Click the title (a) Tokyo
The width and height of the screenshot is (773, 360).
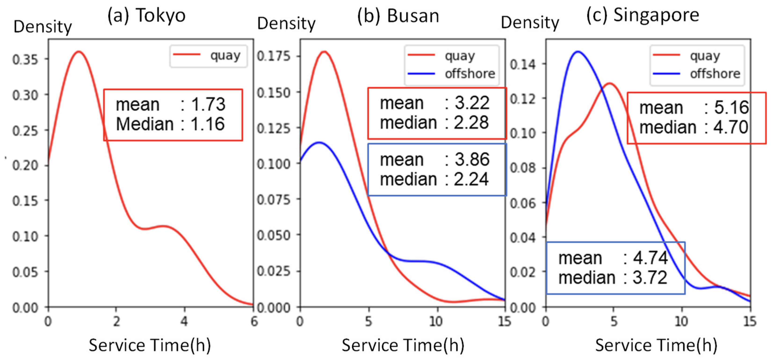(146, 16)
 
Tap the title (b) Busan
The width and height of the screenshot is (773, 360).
(398, 16)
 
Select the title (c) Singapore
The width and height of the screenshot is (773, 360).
(643, 15)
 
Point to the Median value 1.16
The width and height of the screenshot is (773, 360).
(207, 124)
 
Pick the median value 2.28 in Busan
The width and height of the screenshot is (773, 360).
(471, 123)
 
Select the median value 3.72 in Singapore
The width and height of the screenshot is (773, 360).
(650, 277)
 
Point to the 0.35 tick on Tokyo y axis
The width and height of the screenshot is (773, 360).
(25, 59)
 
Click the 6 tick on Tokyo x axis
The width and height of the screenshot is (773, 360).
(254, 322)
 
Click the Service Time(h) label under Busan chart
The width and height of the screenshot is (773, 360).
(403, 345)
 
